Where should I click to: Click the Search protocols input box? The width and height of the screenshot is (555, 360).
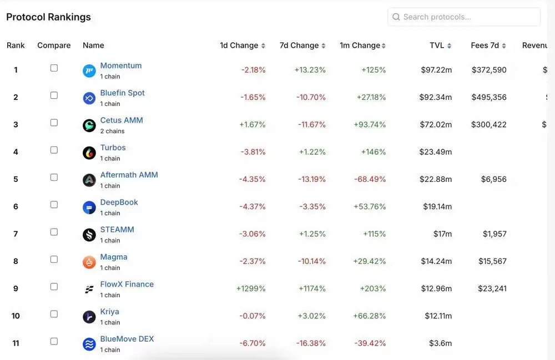(464, 17)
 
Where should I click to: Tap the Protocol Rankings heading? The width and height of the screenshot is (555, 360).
(48, 17)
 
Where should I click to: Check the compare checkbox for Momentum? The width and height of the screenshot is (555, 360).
(54, 68)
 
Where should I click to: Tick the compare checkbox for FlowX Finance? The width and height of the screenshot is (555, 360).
(54, 286)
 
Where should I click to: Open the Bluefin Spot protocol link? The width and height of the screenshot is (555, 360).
(122, 93)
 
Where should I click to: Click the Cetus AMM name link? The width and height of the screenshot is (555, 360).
(122, 120)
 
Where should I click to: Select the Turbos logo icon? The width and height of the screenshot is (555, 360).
(89, 153)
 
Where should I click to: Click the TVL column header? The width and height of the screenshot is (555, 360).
(437, 45)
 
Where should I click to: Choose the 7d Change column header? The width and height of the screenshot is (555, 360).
(299, 45)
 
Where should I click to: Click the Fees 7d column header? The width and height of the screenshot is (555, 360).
(485, 45)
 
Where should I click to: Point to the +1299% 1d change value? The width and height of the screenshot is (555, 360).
(251, 288)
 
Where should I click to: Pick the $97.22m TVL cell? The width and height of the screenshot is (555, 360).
(436, 70)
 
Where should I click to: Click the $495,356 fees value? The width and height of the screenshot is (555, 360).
(489, 97)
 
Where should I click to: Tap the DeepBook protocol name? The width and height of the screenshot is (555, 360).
(119, 202)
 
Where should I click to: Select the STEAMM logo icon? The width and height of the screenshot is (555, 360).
(89, 235)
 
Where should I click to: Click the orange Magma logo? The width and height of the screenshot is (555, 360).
(89, 262)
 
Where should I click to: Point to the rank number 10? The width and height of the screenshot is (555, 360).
(16, 316)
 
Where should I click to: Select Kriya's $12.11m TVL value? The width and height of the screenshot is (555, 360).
(438, 316)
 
